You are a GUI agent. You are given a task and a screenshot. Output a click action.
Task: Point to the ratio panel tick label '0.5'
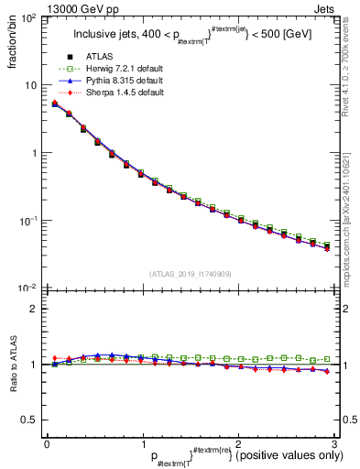pyautogui.click(x=31, y=420)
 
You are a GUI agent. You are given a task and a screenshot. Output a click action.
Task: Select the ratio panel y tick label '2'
pyautogui.click(x=35, y=309)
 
